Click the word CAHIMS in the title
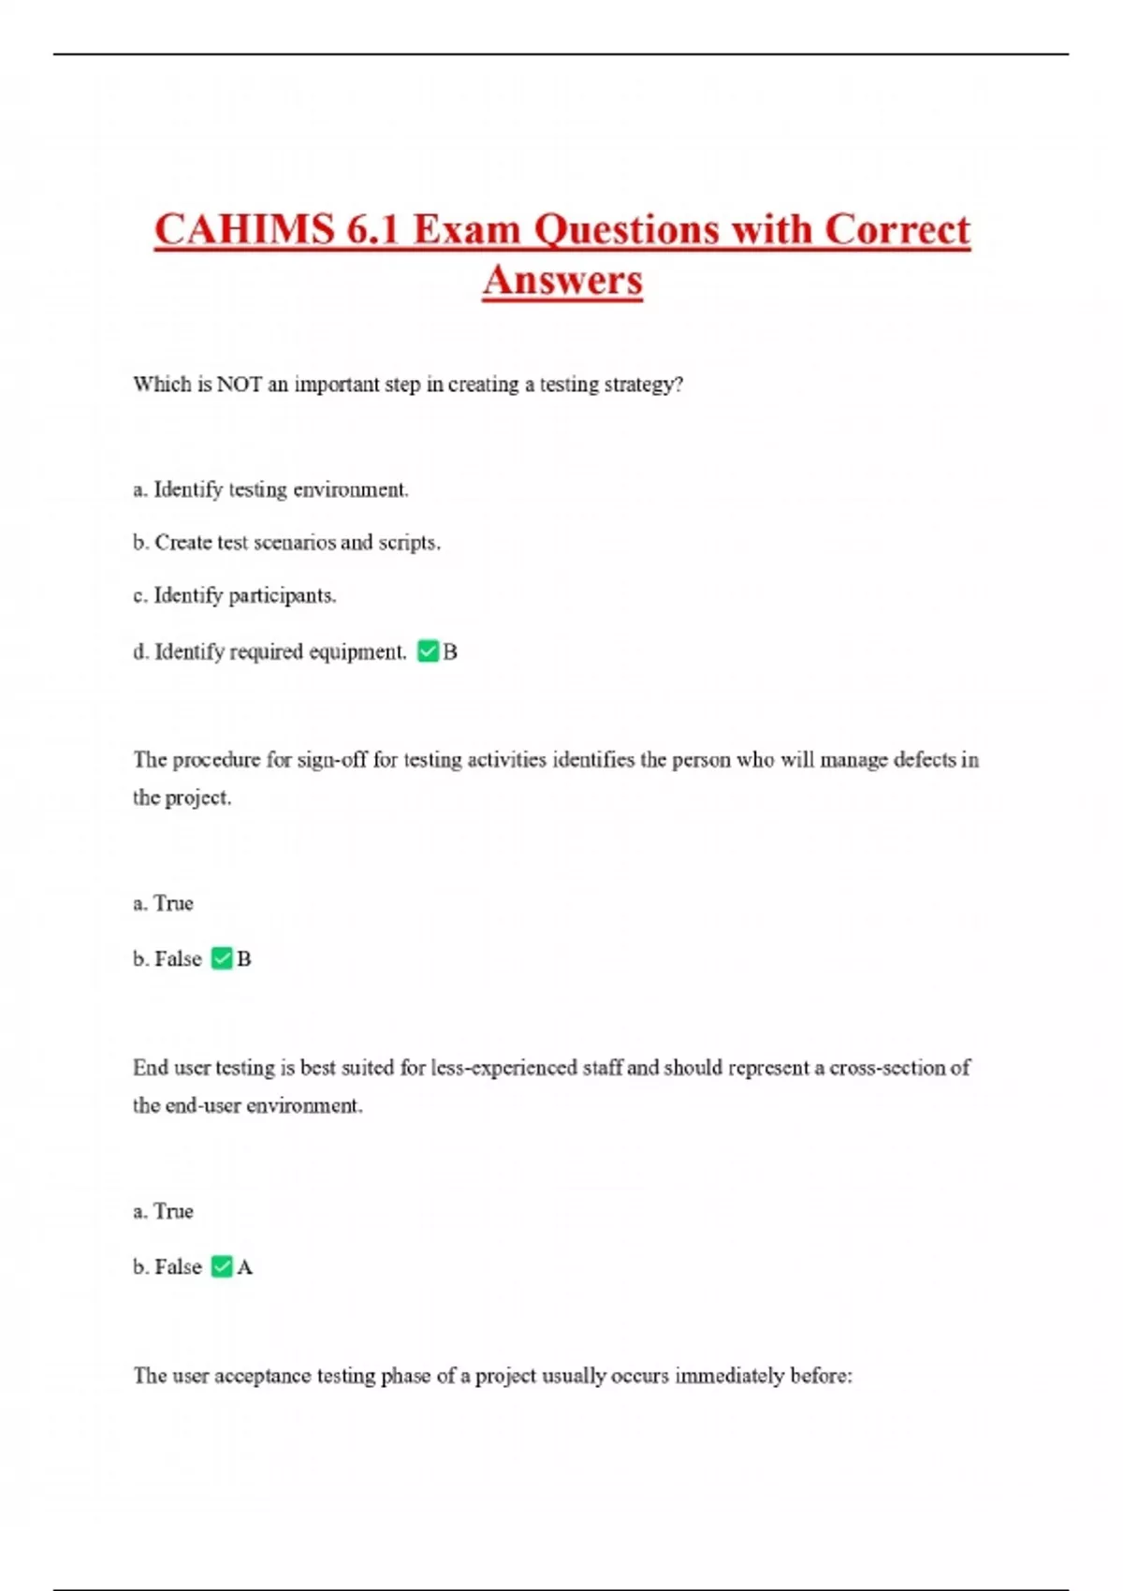tap(244, 230)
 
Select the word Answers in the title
tap(562, 280)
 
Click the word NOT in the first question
tap(239, 385)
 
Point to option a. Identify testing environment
tap(270, 489)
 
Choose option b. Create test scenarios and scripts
tap(286, 543)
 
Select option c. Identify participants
tap(234, 595)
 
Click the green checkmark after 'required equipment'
tap(428, 651)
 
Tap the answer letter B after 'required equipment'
tap(450, 652)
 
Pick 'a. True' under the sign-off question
tap(163, 903)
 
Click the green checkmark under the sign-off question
tap(222, 958)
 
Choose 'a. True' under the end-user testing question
tap(163, 1211)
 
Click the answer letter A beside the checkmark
tap(245, 1267)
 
